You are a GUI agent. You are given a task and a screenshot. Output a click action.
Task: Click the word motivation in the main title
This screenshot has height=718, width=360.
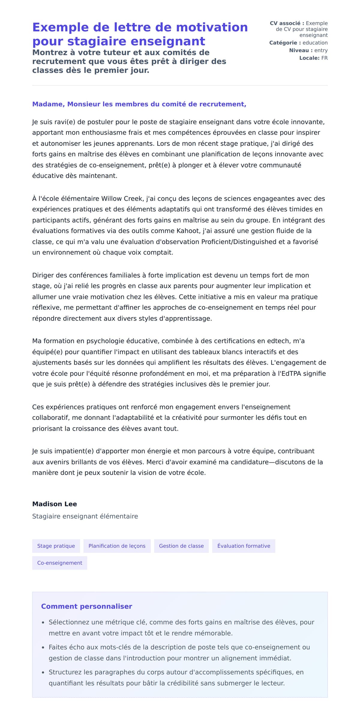(x=212, y=27)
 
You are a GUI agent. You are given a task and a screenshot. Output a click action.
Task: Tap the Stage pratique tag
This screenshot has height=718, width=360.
(x=56, y=546)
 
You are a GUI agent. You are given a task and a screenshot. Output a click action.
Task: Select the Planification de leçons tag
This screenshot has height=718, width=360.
(x=117, y=546)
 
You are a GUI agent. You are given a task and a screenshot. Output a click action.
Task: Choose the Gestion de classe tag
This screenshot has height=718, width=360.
(x=181, y=546)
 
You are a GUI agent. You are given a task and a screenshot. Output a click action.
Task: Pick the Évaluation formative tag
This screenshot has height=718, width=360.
(x=244, y=546)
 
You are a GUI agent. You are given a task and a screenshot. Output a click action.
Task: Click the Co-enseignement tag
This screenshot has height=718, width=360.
(x=59, y=563)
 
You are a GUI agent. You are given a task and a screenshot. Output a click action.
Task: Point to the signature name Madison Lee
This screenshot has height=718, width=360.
(x=55, y=504)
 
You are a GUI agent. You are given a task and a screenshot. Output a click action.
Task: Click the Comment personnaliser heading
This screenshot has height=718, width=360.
(x=86, y=606)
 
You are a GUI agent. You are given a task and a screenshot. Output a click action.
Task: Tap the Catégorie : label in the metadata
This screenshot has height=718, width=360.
(x=285, y=43)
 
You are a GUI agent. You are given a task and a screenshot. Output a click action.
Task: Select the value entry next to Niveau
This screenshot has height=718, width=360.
(x=321, y=50)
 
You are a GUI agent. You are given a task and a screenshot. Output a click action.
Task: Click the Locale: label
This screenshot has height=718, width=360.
(x=309, y=58)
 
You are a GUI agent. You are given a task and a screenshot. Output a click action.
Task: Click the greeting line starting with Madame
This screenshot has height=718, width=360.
(x=139, y=104)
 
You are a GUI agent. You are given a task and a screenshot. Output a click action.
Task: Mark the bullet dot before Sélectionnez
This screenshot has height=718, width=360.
(x=43, y=623)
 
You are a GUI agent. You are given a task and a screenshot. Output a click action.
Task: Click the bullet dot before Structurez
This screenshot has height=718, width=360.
(x=43, y=673)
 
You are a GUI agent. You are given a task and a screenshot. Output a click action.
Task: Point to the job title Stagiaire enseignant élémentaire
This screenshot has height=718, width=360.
(x=85, y=516)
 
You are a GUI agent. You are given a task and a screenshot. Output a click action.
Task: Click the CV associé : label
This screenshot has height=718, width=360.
(x=287, y=23)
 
